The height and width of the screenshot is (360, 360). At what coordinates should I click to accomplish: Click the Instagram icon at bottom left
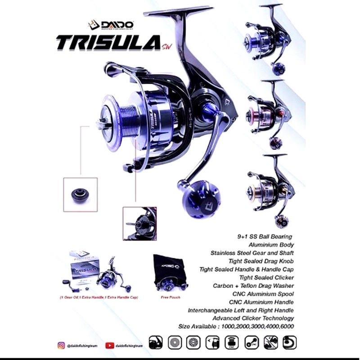point(62,345)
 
